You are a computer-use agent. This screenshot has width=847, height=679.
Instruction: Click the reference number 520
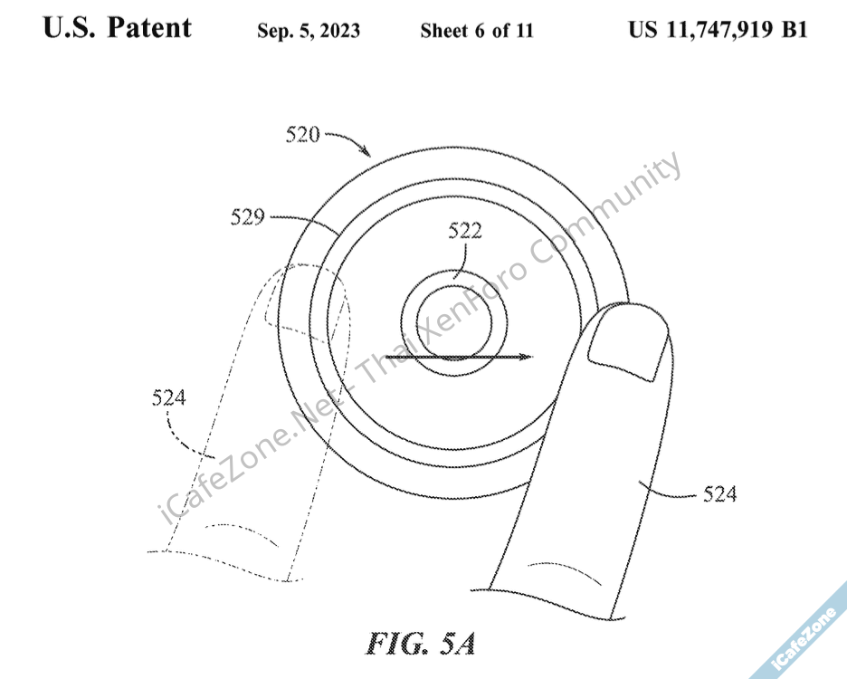302,134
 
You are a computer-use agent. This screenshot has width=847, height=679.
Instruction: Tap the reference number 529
247,216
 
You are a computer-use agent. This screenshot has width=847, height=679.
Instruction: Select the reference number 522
465,231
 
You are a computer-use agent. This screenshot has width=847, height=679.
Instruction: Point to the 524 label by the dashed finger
168,397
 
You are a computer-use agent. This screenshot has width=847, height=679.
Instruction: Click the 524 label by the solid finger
719,494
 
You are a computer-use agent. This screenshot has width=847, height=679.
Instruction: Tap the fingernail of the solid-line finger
628,347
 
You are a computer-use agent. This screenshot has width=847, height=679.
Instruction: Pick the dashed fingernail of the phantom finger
304,304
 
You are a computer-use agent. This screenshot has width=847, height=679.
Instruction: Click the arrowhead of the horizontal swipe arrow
526,357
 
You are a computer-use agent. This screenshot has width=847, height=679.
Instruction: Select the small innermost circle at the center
454,324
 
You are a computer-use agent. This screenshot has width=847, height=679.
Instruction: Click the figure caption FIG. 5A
421,644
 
